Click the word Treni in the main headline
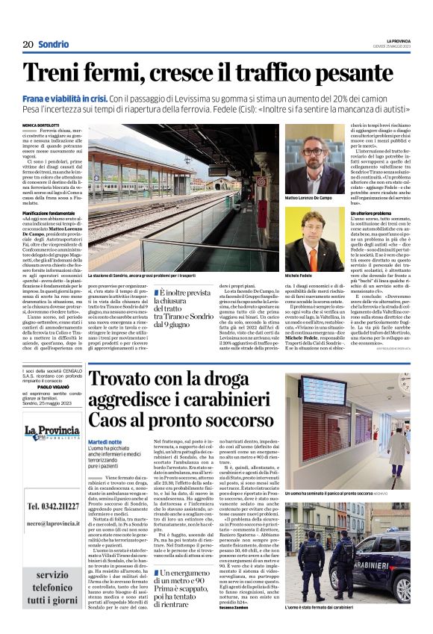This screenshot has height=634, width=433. (x=57, y=73)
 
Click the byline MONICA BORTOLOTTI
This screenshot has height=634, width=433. (x=43, y=124)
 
